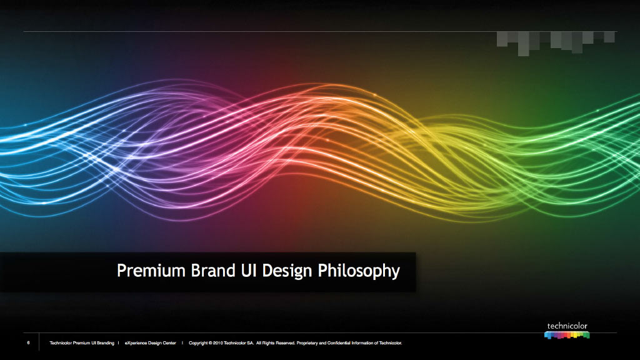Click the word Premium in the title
point(151,271)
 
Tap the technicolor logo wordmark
point(567,326)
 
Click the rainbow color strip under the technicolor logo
point(567,335)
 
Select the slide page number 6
point(29,343)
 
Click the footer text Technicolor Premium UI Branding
point(82,343)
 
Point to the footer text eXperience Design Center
point(151,343)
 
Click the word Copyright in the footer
point(198,343)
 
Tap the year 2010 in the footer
point(218,343)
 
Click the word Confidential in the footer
point(339,343)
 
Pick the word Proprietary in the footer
point(307,343)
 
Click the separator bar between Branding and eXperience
point(119,343)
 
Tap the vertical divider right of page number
point(39,342)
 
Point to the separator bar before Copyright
point(182,343)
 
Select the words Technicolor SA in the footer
point(239,343)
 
